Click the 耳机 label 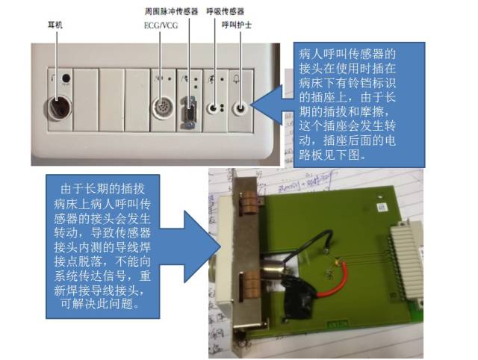pos(55,25)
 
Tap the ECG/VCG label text pos(161,25)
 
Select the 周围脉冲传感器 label pos(171,12)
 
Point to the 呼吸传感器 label pos(226,12)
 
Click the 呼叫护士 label pos(237,25)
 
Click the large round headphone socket pos(60,108)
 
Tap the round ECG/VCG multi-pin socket pos(163,108)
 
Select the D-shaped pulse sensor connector pos(189,112)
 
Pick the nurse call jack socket pos(240,108)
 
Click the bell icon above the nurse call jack pos(237,79)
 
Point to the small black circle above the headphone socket pos(66,78)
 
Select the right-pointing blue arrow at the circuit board pos(189,246)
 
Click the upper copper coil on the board pos(250,202)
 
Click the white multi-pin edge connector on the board pos(405,262)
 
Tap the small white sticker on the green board pos(382,208)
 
